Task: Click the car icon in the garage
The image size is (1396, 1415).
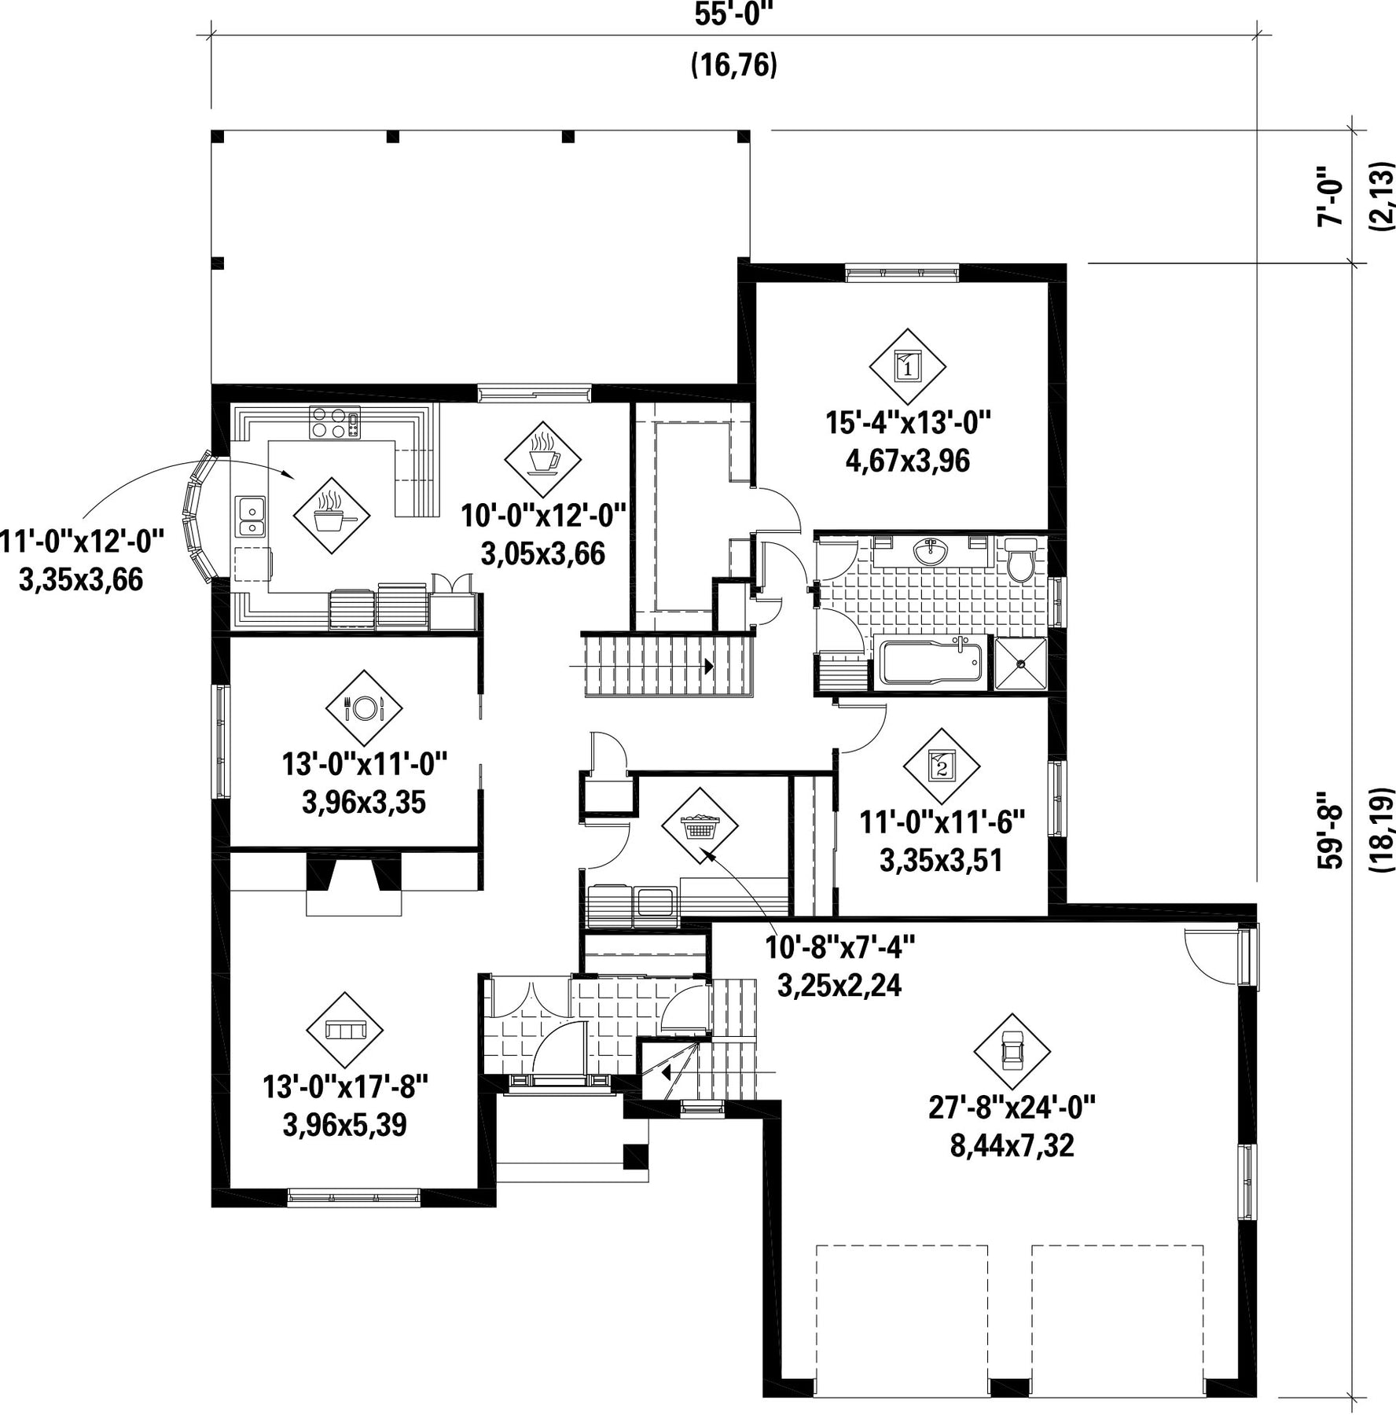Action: click(x=1012, y=1051)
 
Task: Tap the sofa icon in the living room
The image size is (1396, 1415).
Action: click(x=344, y=1030)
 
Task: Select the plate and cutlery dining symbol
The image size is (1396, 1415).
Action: click(x=364, y=707)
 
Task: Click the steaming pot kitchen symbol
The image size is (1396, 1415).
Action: click(x=331, y=516)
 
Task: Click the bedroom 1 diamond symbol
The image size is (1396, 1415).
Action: click(x=908, y=366)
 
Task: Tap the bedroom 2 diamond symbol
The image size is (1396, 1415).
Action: click(x=942, y=765)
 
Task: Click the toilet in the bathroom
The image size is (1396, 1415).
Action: click(x=1021, y=559)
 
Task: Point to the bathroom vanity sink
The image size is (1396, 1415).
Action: click(x=931, y=551)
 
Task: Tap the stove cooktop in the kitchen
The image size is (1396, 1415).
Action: click(x=335, y=422)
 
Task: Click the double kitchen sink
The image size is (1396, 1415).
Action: click(x=250, y=516)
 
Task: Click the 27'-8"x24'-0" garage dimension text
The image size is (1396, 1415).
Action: click(x=1012, y=1108)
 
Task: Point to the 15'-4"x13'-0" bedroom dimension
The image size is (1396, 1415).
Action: click(x=908, y=423)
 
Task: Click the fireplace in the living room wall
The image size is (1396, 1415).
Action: click(x=354, y=884)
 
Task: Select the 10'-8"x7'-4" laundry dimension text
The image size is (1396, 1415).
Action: click(x=840, y=947)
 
